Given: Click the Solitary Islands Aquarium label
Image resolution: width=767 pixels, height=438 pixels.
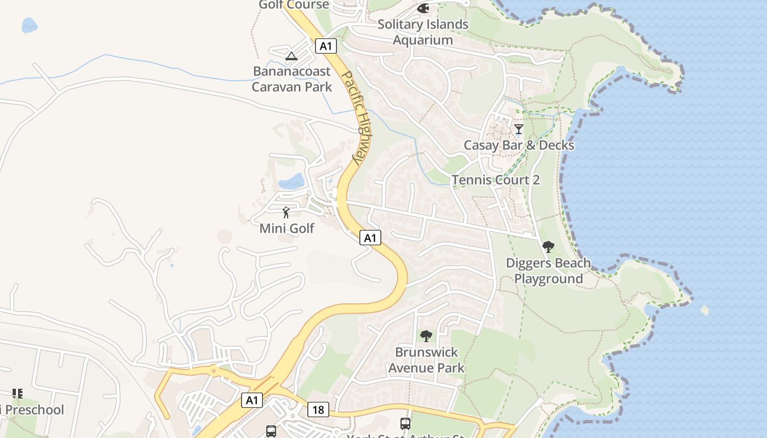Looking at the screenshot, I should tap(423, 32).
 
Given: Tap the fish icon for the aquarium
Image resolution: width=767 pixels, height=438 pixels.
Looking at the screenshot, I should tap(423, 8).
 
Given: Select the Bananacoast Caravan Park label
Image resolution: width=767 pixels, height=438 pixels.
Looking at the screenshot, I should tap(291, 79).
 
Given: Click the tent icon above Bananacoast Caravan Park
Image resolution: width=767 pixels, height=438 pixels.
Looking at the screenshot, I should tap(291, 56).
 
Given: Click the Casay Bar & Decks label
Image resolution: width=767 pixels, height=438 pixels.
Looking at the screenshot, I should tap(519, 145).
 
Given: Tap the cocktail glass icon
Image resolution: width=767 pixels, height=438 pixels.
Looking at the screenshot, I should tap(519, 129).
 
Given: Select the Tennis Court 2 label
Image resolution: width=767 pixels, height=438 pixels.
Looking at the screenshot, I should tap(496, 180).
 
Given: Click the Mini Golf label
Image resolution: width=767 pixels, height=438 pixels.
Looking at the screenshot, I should tap(287, 228).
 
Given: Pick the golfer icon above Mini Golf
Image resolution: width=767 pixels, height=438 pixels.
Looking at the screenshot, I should tap(286, 212).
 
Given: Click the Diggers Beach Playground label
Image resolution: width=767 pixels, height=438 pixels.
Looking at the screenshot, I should tap(548, 270).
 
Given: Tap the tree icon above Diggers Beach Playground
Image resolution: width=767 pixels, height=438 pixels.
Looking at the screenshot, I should tap(548, 247).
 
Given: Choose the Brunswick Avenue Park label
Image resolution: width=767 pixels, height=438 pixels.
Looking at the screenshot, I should tap(426, 360).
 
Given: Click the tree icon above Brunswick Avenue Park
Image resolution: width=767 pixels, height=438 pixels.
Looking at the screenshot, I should tap(426, 336).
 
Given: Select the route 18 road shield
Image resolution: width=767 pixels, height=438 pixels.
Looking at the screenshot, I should tap(318, 409).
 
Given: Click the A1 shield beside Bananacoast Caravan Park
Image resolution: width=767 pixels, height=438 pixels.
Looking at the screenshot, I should tap(325, 46).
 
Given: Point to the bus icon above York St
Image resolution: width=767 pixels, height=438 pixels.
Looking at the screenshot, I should tap(405, 423).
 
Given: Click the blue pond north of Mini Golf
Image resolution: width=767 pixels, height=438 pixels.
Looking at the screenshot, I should tap(291, 181).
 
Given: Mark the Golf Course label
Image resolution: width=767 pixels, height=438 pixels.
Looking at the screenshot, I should tap(294, 5).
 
